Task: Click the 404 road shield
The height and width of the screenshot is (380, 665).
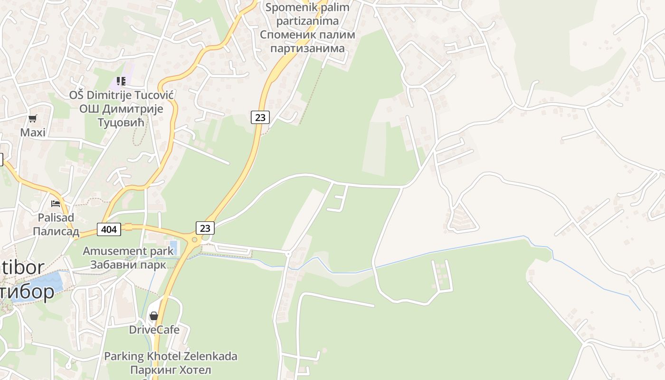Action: pos(109,229)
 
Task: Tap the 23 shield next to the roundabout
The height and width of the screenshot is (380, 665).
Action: pos(205,228)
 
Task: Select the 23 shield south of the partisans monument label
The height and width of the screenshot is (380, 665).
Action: pos(260,117)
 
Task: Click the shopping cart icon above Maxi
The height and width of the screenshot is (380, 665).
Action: pos(32,118)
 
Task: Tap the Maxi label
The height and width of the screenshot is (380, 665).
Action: pos(33,132)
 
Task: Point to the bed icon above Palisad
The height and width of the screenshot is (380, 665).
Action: pos(56,204)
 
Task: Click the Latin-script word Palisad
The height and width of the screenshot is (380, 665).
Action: pos(56,218)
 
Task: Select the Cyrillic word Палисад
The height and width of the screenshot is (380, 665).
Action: pos(56,231)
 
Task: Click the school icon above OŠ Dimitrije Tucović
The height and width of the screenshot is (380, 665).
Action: pos(121,81)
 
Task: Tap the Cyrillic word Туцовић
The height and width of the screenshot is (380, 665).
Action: pos(121,123)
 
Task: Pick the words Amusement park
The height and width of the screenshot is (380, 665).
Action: pos(128,251)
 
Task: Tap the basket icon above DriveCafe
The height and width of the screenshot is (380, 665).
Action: pos(153,315)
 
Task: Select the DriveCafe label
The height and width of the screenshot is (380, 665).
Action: pos(154,329)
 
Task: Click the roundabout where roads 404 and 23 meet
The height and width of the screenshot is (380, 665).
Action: pos(194,239)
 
